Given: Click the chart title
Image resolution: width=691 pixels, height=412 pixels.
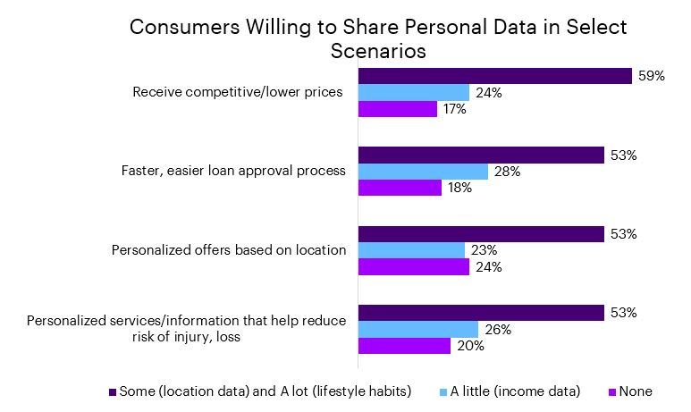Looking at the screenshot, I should click(x=378, y=38).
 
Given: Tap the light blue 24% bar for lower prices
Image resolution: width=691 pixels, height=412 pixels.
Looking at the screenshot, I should click(x=413, y=92).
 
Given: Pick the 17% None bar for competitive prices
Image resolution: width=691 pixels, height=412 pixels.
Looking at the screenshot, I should click(x=398, y=109).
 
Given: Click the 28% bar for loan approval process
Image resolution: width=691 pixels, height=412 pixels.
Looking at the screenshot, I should click(x=423, y=171).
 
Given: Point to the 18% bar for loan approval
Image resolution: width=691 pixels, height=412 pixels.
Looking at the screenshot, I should click(x=400, y=188).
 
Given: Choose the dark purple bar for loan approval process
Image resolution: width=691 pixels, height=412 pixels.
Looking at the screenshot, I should click(x=481, y=155).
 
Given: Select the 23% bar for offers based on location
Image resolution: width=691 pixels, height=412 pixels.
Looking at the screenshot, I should click(x=411, y=249).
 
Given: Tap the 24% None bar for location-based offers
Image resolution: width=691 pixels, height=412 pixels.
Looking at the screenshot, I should click(x=413, y=266).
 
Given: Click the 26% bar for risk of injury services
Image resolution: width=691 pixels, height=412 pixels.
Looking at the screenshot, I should click(x=417, y=328).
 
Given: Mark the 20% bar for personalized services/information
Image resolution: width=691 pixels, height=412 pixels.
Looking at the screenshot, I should click(x=404, y=345).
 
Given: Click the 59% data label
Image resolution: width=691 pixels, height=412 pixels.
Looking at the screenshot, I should click(x=651, y=76).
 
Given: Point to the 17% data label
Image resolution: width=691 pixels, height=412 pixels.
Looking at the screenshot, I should click(x=454, y=109).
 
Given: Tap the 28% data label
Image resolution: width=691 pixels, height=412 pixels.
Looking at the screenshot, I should click(x=507, y=171).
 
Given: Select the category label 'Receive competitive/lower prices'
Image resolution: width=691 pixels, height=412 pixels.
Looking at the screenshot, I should click(x=237, y=92).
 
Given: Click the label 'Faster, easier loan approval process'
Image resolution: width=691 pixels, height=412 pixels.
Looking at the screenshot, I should click(x=232, y=171).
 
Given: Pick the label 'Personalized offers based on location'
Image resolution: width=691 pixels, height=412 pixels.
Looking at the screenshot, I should click(x=228, y=249).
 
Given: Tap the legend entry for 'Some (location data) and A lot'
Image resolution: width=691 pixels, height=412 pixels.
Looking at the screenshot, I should click(x=262, y=391).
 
